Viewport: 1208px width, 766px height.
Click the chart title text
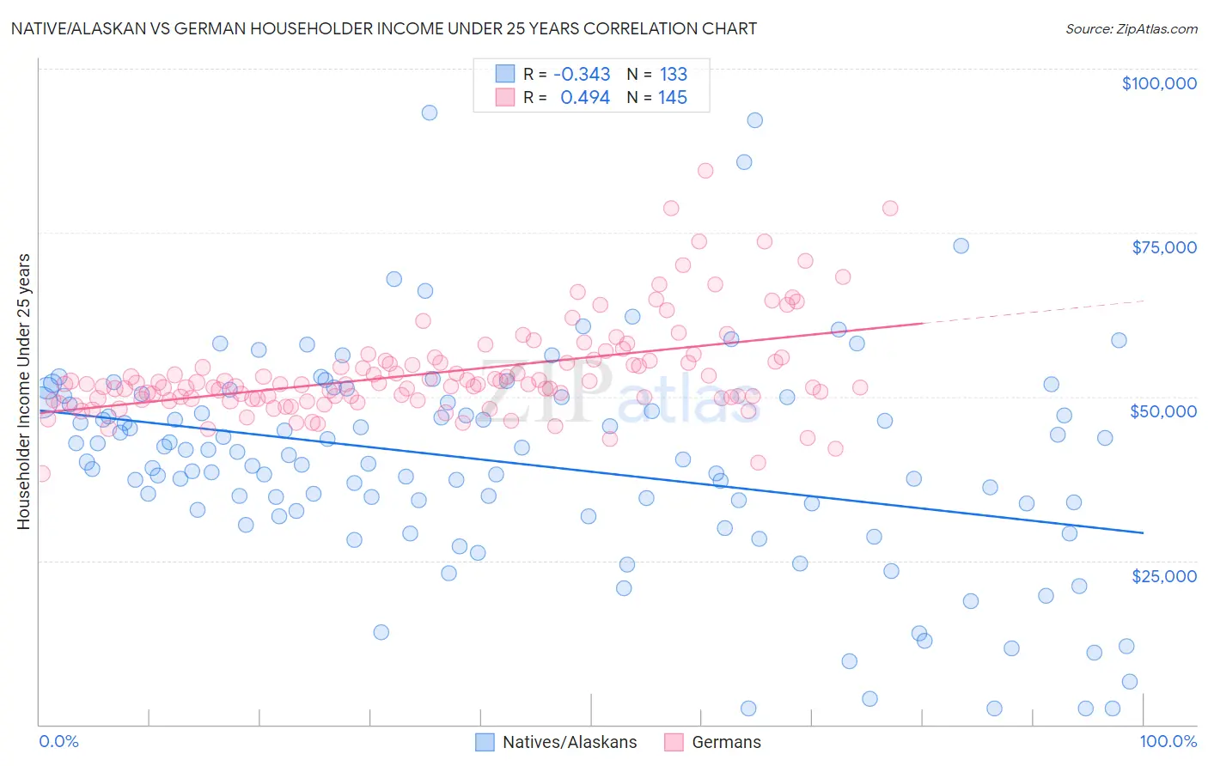click(383, 28)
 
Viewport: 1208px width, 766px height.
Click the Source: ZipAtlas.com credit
click(1131, 28)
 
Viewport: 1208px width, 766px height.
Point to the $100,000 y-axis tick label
click(1158, 83)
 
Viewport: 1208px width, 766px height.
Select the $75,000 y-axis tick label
click(1163, 247)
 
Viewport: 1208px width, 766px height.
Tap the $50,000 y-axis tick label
click(1163, 411)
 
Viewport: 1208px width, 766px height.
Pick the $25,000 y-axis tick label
click(1163, 575)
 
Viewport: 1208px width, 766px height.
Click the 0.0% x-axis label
click(58, 742)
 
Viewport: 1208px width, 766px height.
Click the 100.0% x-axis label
click(1168, 742)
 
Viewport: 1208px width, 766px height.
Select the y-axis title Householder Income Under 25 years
click(24, 392)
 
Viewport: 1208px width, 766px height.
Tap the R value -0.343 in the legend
click(582, 74)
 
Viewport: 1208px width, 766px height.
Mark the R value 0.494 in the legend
click(585, 97)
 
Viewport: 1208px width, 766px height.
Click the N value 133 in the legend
click(673, 74)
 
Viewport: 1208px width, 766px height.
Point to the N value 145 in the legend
click(673, 97)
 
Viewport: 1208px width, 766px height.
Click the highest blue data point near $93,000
click(429, 112)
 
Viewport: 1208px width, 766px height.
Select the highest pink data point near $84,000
click(705, 170)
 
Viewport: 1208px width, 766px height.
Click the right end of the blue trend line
click(1142, 532)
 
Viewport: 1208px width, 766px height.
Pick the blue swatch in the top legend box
click(505, 74)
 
